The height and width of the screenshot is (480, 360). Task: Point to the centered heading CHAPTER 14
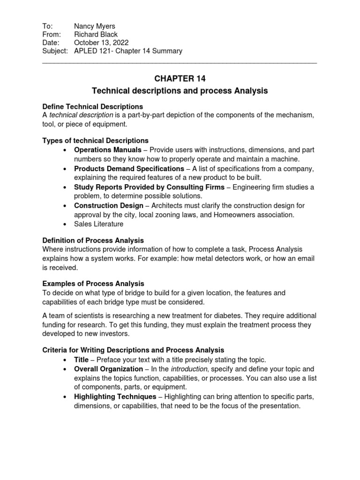click(x=180, y=79)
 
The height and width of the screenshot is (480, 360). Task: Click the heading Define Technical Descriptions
click(x=93, y=107)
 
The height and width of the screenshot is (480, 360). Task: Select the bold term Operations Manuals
click(x=107, y=150)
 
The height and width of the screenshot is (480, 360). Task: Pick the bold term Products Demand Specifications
click(x=130, y=169)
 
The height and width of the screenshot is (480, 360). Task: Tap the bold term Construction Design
click(x=109, y=205)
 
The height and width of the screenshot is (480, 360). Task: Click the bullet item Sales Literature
click(x=98, y=224)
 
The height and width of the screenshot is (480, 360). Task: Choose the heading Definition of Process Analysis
click(x=93, y=240)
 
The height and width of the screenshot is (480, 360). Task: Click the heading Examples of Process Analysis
click(x=93, y=284)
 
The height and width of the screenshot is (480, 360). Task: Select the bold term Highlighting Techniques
click(x=115, y=397)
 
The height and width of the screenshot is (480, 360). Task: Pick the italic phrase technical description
click(x=81, y=115)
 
